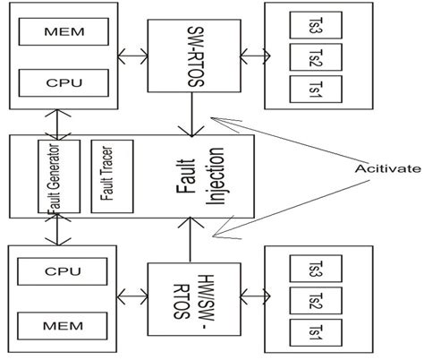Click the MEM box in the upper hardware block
click(64, 33)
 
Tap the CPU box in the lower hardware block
click(64, 270)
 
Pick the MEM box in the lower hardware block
click(64, 320)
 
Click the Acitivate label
click(382, 167)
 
